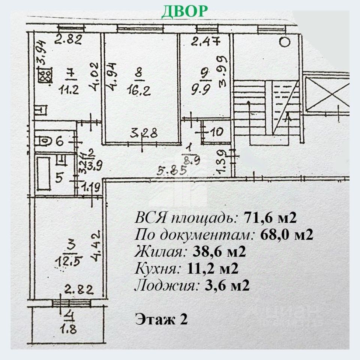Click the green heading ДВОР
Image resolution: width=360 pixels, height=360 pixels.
pos(184,11)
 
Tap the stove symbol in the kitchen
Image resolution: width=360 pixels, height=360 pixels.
pos(45,75)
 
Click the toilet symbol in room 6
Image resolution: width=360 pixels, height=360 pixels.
pos(43,141)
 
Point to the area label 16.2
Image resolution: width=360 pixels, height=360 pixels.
pos(139,90)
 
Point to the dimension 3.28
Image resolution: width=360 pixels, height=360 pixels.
pos(143,133)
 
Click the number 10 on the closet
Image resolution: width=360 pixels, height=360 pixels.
pos(216,132)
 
